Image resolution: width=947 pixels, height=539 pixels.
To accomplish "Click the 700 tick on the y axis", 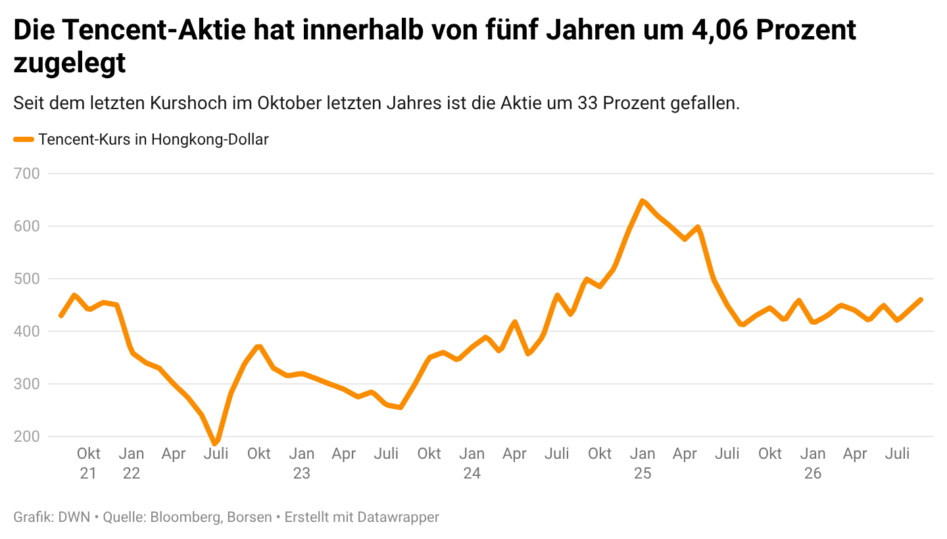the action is coord(26,174).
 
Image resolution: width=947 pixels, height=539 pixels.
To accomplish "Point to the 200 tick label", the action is coord(26,436).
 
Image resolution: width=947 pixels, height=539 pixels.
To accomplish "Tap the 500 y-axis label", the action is coord(26,279).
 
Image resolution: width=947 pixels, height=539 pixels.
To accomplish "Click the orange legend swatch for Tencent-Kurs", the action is coord(24,139).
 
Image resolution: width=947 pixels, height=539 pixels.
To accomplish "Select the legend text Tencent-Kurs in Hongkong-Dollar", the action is coord(153,139).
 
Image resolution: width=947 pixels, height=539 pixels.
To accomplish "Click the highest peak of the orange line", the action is coord(642,201).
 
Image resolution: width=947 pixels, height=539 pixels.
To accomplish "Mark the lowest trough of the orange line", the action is coord(215,443).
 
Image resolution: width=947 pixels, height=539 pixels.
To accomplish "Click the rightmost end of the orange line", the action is coord(921,300).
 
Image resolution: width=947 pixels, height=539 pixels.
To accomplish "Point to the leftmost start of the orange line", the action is coord(61,316).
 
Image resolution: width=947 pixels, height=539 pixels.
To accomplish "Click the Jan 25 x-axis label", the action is coord(642,463).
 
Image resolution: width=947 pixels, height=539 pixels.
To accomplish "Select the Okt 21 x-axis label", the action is coord(88,463).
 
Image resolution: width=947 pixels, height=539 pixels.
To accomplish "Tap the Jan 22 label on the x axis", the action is coord(132,463).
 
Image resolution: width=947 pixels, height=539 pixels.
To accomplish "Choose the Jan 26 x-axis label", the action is coord(813,463).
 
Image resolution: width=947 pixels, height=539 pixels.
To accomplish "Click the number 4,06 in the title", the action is coord(719,30).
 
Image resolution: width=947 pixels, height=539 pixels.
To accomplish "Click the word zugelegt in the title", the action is coord(70,63).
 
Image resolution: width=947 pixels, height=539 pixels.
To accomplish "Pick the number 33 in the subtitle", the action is coord(587,103).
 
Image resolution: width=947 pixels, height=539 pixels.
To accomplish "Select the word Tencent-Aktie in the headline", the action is coord(155,30).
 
